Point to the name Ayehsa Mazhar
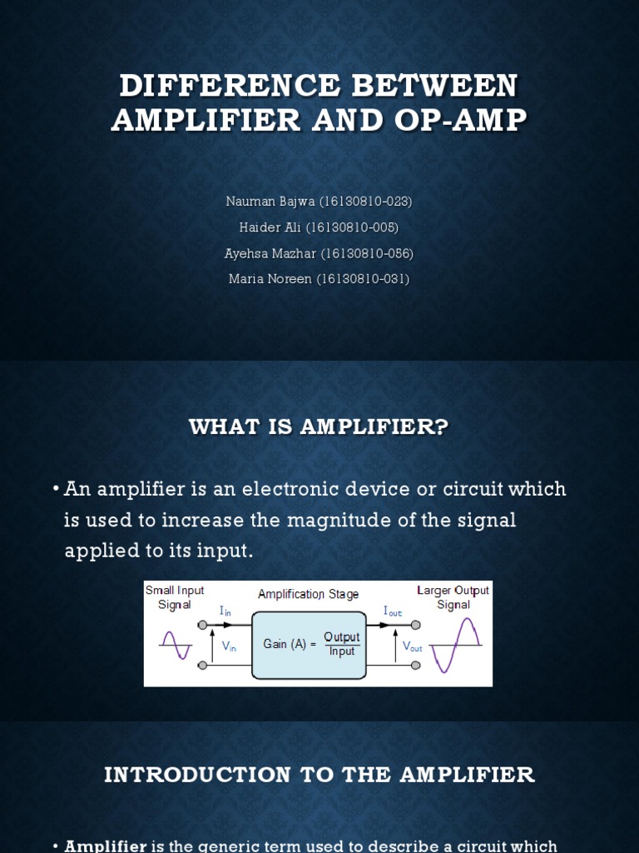pos(270,253)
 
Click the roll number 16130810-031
pos(364,279)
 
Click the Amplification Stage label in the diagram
pos(308,594)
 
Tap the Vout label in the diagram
pos(413,647)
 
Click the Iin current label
pos(225,611)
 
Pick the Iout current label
pos(392,611)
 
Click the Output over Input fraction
pos(342,644)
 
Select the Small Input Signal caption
pos(175,597)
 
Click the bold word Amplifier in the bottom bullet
pos(106,846)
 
